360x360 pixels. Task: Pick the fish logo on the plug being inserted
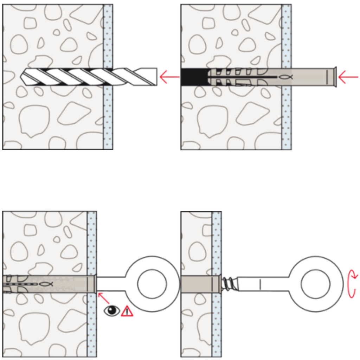pyautogui.click(x=285, y=77)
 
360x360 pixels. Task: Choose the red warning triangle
pyautogui.click(x=127, y=311)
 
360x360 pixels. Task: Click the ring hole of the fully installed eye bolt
pyautogui.click(x=152, y=284)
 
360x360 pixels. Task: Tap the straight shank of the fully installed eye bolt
pyautogui.click(x=111, y=284)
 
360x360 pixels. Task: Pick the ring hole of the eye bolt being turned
pyautogui.click(x=315, y=284)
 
